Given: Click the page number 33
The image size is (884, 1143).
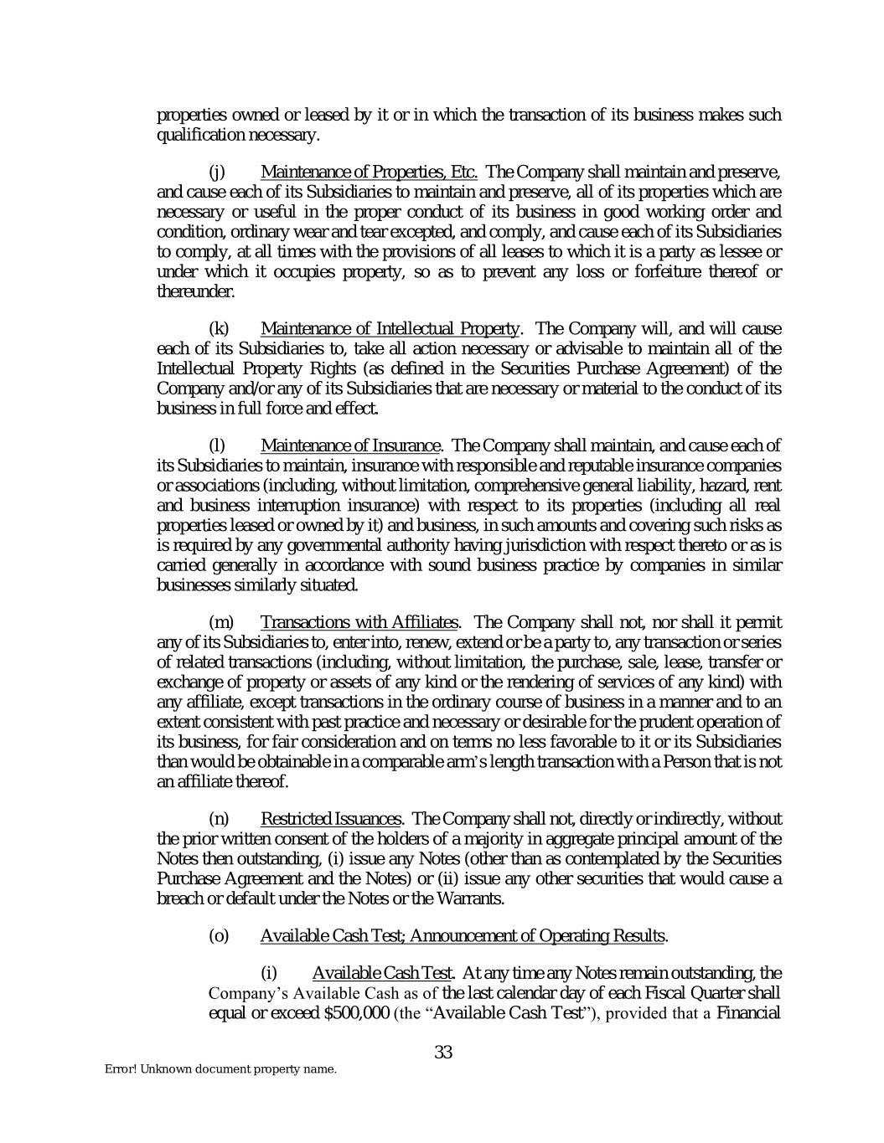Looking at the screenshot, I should tap(443, 1053).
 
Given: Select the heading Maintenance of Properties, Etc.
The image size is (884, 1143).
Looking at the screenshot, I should tap(369, 173).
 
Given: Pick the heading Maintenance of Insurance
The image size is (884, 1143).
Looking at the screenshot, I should tap(350, 445).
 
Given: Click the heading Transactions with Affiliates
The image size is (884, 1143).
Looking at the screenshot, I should tap(359, 622).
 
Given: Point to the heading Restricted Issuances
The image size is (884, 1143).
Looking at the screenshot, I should tap(331, 818).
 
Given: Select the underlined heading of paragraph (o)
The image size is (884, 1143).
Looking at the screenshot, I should tap(463, 935).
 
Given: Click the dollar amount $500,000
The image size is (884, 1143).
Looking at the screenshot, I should tap(355, 1012).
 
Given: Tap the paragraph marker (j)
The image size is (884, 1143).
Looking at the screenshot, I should tap(216, 173).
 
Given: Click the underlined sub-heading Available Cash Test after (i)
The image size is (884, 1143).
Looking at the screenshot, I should tap(382, 973).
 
